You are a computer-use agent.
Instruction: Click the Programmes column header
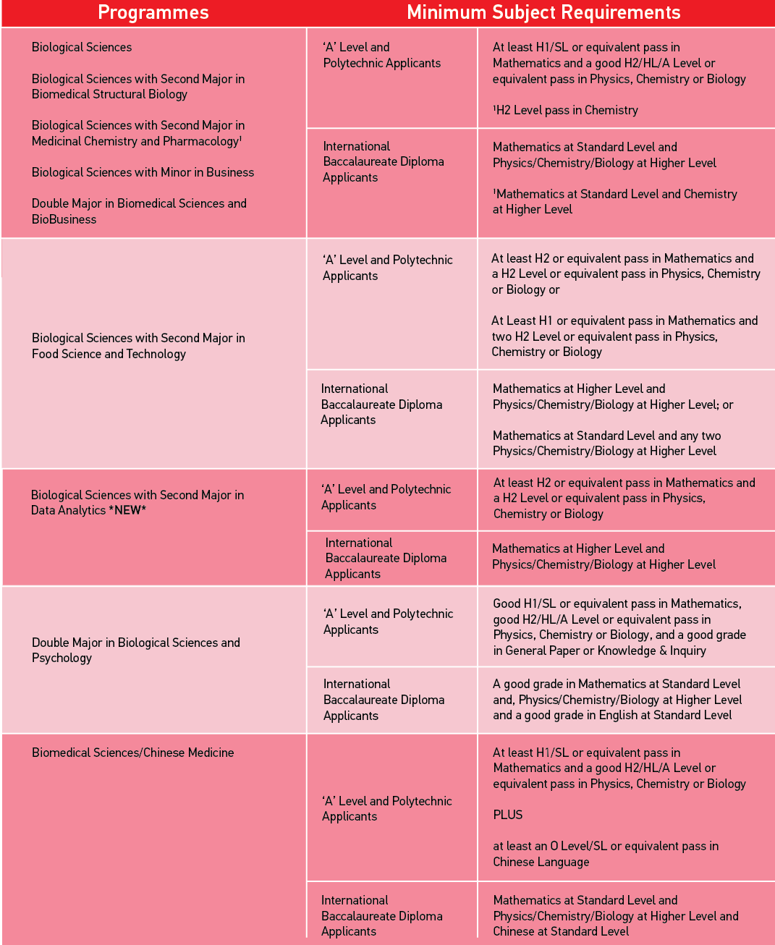[x=153, y=12]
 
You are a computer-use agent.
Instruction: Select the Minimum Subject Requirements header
[x=543, y=12]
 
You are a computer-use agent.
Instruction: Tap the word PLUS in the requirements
[x=507, y=815]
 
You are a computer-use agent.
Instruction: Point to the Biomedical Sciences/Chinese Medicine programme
[x=132, y=753]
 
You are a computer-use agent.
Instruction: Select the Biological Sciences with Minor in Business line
[x=143, y=172]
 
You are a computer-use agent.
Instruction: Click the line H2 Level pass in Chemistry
[x=566, y=110]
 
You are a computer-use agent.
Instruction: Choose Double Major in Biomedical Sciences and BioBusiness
[x=139, y=211]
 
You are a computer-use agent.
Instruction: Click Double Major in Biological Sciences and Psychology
[x=135, y=650]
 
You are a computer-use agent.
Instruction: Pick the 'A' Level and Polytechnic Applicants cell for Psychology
[x=388, y=622]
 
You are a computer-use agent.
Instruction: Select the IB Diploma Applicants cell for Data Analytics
[x=385, y=558]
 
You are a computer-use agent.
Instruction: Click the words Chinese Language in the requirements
[x=541, y=862]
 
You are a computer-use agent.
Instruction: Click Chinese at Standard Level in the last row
[x=561, y=931]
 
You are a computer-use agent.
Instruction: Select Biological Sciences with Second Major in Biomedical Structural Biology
[x=137, y=86]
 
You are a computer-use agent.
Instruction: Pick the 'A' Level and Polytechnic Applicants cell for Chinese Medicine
[x=386, y=808]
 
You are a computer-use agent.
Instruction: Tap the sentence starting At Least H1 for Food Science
[x=624, y=336]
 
